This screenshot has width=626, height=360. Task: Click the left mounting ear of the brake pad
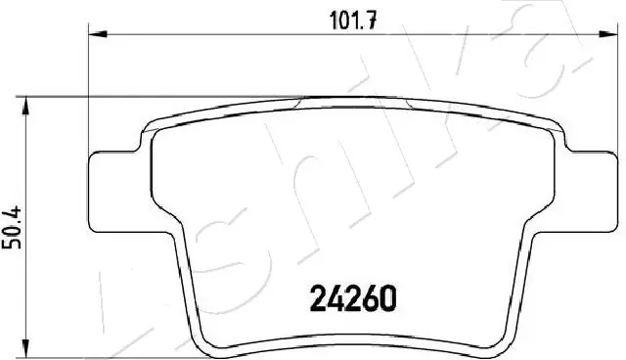113,175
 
